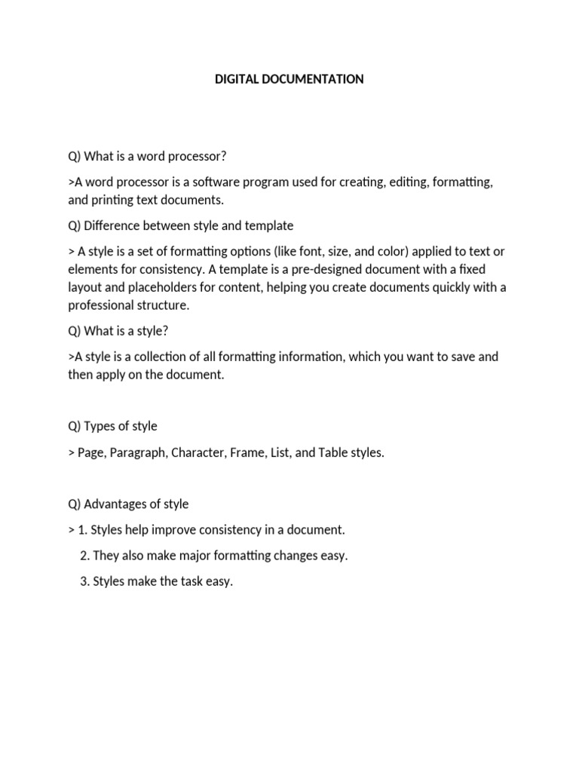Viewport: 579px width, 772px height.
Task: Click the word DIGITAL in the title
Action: (x=237, y=79)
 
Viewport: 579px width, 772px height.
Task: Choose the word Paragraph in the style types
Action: (x=139, y=453)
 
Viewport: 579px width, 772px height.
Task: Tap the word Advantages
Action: (x=118, y=504)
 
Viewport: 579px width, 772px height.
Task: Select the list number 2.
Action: (x=84, y=556)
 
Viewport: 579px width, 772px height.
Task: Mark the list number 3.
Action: (x=84, y=582)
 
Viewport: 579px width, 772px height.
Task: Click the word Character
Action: (x=199, y=453)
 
